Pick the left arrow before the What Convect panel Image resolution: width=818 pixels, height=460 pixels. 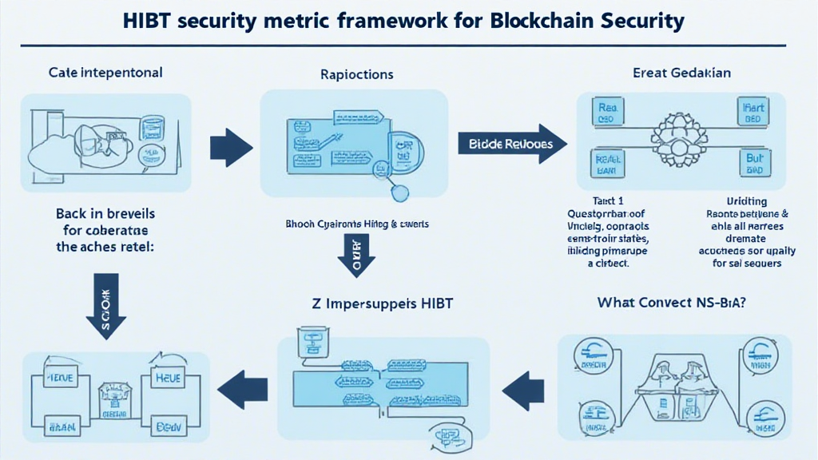pyautogui.click(x=523, y=389)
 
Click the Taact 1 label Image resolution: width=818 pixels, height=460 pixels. pyautogui.click(x=609, y=202)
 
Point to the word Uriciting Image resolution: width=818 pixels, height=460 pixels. pyautogui.click(x=746, y=202)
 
